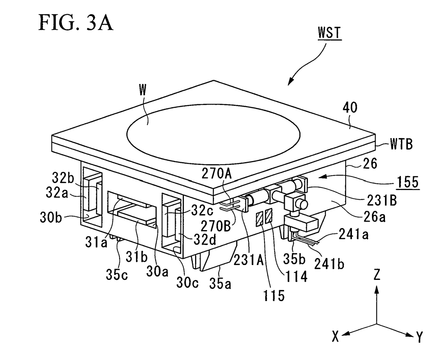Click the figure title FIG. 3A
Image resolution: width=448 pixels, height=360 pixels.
coord(76,23)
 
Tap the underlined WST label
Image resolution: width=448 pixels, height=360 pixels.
coord(329,33)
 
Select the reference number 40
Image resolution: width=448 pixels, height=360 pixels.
coord(350,108)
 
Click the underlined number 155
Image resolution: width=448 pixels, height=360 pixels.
coord(408,182)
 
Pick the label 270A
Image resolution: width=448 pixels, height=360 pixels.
coord(217,174)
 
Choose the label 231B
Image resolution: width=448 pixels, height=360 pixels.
coord(382,200)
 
